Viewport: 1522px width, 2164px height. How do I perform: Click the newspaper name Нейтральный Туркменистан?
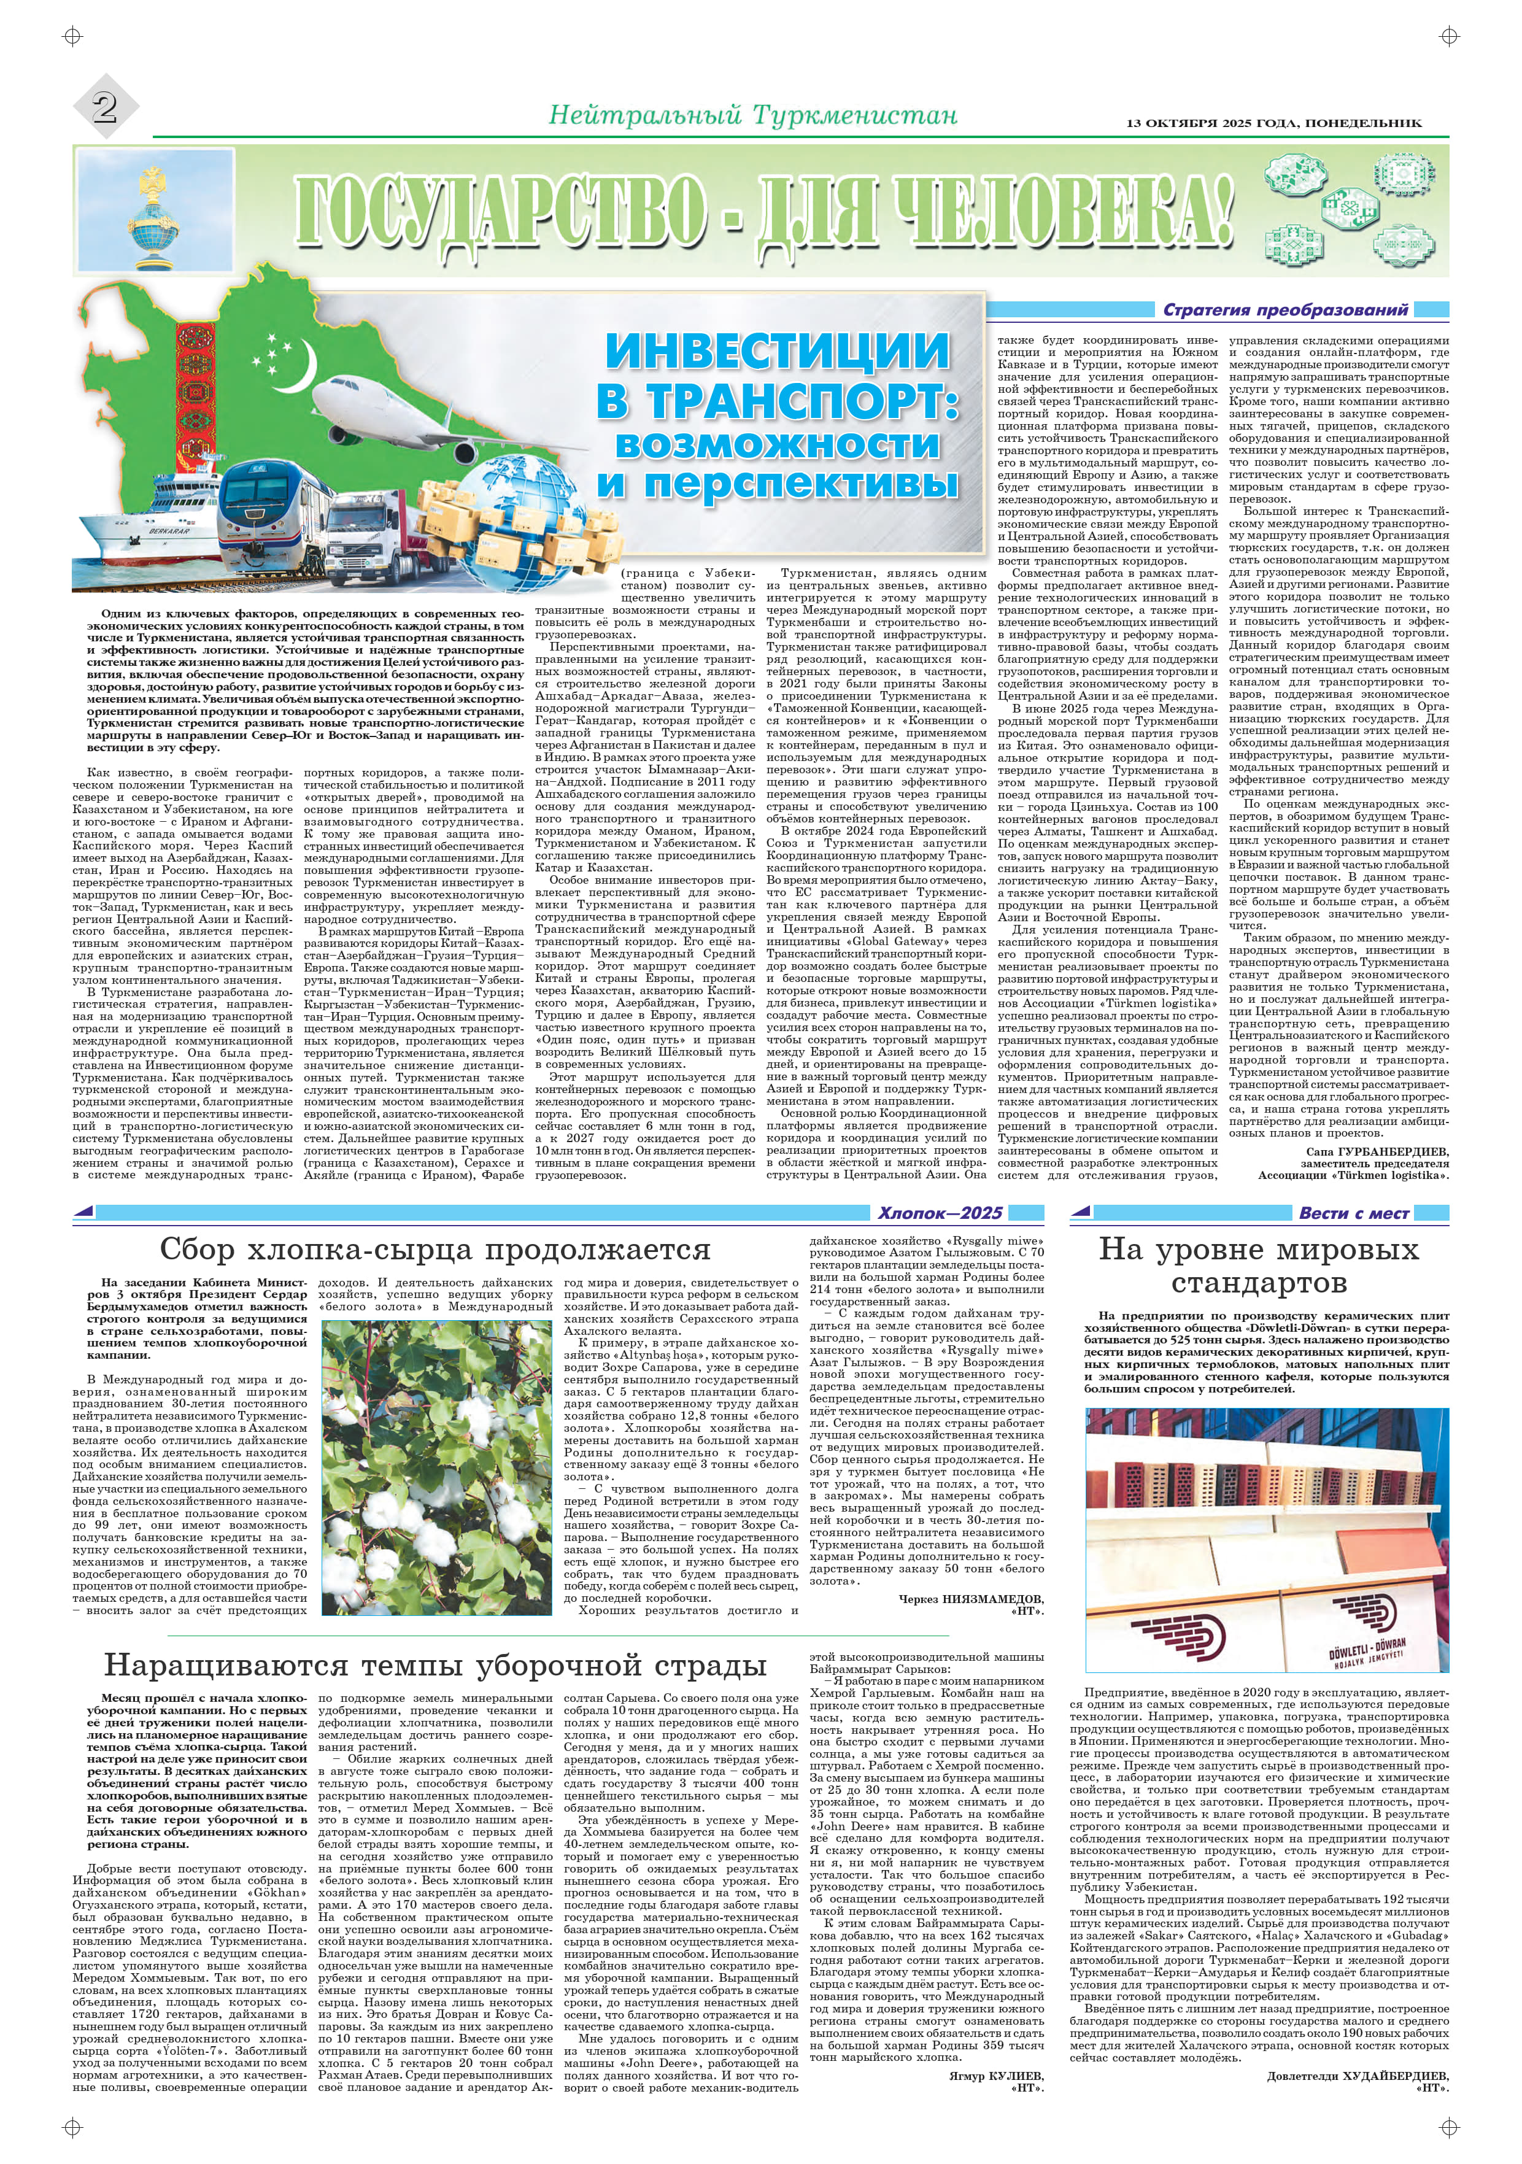pyautogui.click(x=752, y=116)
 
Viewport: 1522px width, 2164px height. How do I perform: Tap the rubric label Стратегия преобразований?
pyautogui.click(x=1286, y=310)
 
